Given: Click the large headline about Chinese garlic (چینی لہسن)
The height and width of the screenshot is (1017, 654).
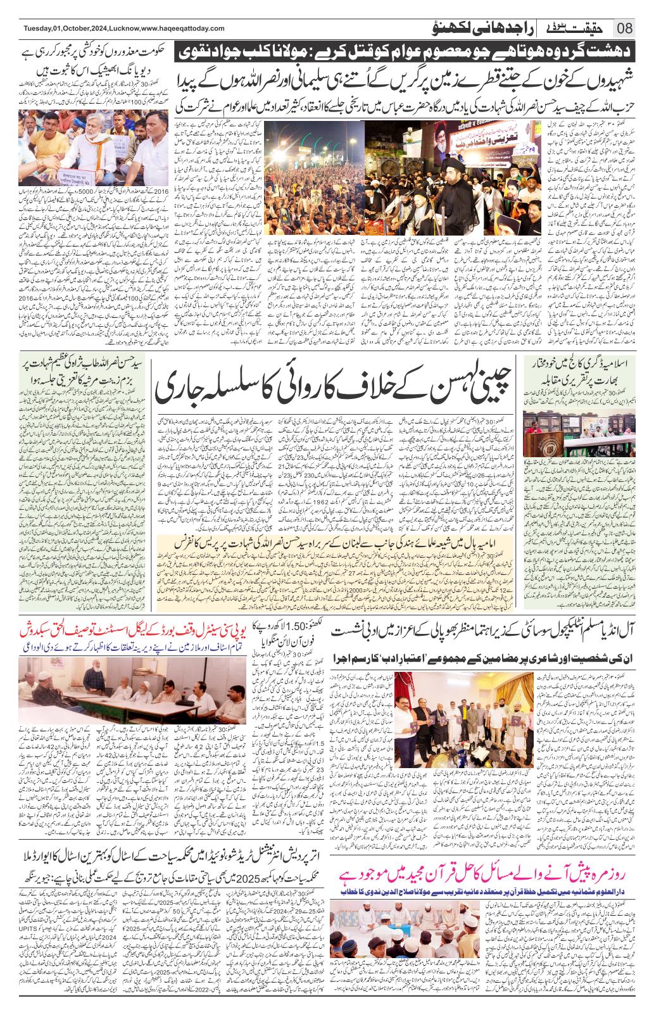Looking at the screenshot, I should [335, 388].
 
